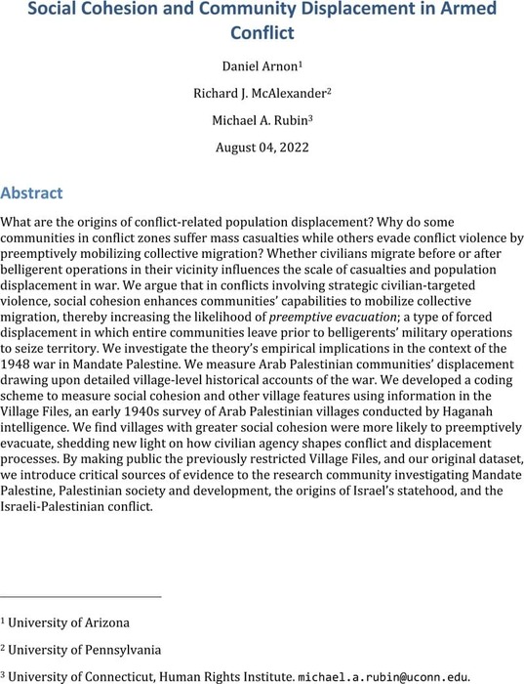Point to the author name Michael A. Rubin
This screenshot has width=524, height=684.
pos(261,122)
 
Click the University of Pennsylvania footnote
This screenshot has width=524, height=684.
pos(79,649)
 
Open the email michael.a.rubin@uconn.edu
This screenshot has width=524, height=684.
pos(380,676)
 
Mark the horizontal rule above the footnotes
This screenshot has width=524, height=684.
pos(81,596)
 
